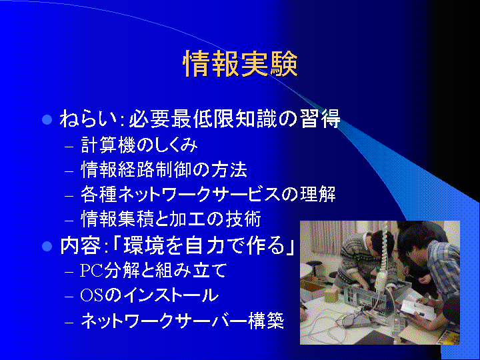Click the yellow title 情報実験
click(x=240, y=64)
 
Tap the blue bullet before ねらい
click(x=47, y=119)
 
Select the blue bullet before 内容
click(x=47, y=246)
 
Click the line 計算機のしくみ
click(x=139, y=145)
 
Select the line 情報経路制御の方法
click(x=164, y=169)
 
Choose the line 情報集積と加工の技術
click(x=171, y=219)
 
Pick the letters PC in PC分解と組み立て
click(x=91, y=270)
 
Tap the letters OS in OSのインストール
click(x=91, y=295)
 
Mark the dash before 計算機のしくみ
click(x=69, y=147)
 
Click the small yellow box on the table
click(x=331, y=295)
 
